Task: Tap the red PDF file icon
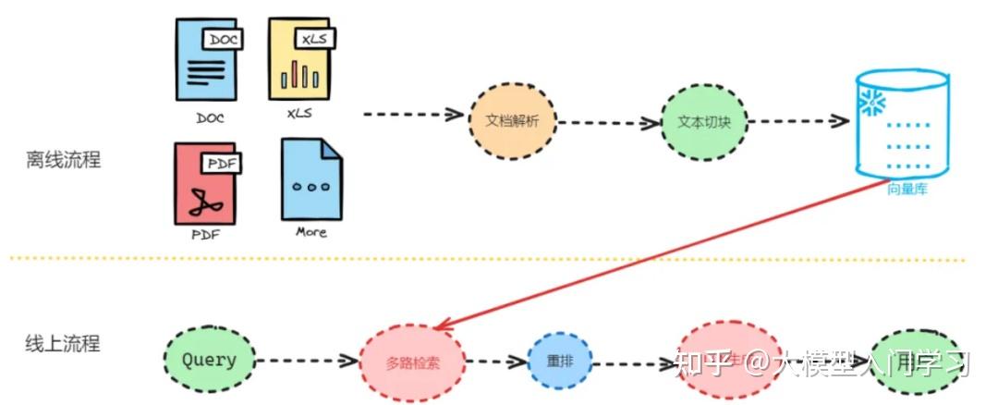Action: [205, 182]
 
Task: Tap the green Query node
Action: [208, 360]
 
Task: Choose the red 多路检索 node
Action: [411, 362]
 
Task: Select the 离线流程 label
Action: [63, 159]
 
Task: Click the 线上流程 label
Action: [63, 344]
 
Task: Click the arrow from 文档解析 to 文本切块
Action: [608, 121]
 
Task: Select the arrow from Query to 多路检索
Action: [305, 360]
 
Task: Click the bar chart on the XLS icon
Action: [299, 74]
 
